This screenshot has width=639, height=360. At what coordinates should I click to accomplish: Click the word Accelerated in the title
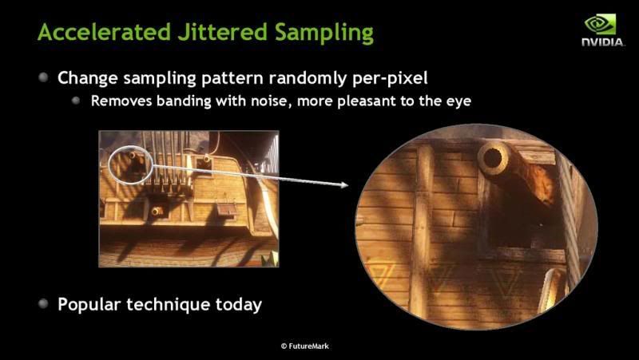(x=104, y=32)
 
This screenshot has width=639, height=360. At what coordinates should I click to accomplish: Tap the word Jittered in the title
(x=222, y=33)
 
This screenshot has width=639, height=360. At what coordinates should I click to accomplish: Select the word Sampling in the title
(x=324, y=34)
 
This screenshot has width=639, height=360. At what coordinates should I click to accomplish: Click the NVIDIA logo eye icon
(x=601, y=24)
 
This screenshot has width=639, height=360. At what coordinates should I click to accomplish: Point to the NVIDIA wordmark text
(x=602, y=42)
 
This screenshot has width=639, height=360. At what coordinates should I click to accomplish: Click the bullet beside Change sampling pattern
(x=43, y=77)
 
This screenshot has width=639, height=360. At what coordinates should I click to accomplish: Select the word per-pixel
(x=391, y=78)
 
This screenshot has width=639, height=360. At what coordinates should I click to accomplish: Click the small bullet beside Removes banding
(x=76, y=101)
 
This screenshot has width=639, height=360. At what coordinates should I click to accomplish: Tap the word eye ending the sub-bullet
(x=458, y=102)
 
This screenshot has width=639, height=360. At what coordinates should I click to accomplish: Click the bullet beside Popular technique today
(x=43, y=303)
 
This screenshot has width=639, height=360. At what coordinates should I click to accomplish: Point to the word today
(x=239, y=305)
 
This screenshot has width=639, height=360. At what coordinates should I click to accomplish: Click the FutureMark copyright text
(x=305, y=346)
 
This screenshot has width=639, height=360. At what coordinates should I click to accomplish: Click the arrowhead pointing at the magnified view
(x=343, y=185)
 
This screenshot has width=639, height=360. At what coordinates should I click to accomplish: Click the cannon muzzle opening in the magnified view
(x=492, y=158)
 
